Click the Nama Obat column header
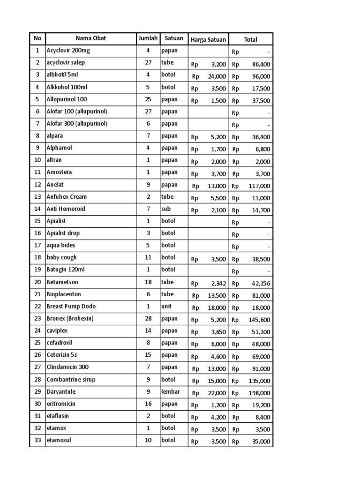point(90,39)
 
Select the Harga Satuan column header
point(208,39)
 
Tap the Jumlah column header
point(148,38)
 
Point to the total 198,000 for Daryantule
point(259,393)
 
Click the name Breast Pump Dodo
point(71,307)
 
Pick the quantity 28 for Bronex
point(148,319)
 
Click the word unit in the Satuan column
point(166,307)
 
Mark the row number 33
point(37,441)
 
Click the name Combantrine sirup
point(71,380)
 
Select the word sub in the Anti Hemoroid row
point(166,209)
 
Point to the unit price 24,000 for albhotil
point(217,76)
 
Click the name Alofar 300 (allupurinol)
point(77,124)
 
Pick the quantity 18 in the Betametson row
point(148,282)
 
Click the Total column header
point(251,40)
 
